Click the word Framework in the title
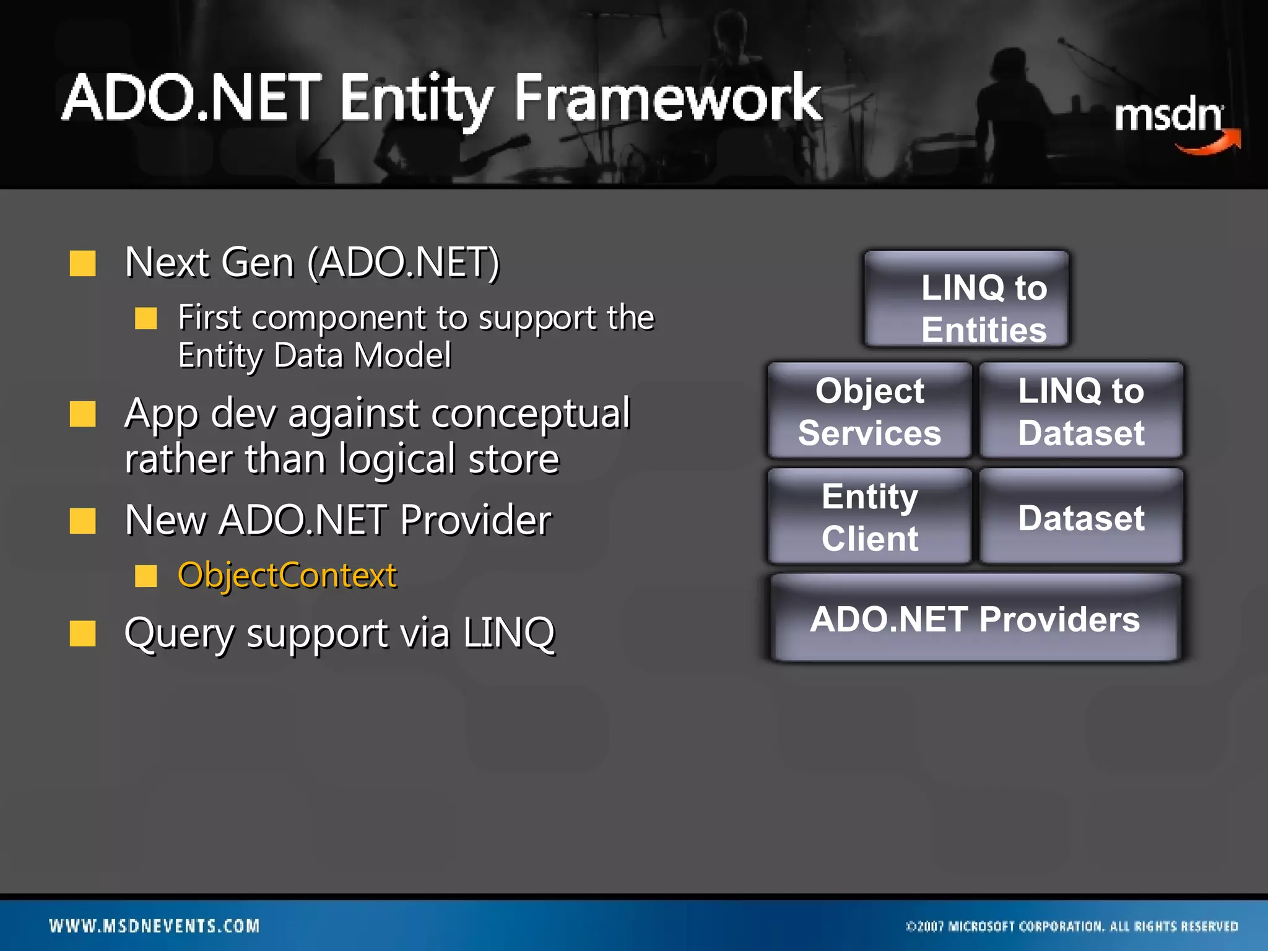coord(667,99)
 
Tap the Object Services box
coord(869,411)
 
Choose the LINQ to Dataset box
coord(1081,411)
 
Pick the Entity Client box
coord(869,516)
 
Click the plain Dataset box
coord(1081,516)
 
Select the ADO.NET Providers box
coord(975,619)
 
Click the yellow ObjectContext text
coord(287,575)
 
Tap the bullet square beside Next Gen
coord(82,263)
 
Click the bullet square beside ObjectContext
coord(146,576)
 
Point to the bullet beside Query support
coord(82,633)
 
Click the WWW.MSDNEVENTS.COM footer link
coord(154,926)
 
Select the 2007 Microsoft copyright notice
coord(1071,926)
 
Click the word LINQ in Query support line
coord(509,633)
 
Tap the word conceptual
coord(531,414)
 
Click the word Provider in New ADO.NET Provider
coord(475,519)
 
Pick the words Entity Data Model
coord(315,356)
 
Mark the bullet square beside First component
coord(146,318)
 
